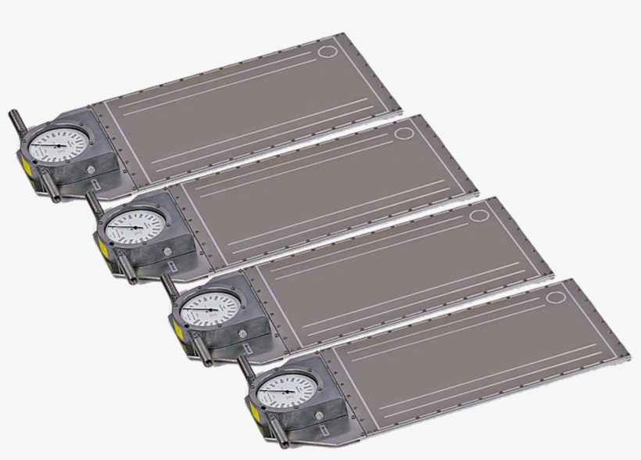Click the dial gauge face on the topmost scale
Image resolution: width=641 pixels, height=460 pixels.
tap(60, 146)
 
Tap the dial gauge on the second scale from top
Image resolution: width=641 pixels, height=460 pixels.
tap(135, 227)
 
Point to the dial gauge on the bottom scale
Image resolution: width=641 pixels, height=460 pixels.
tap(285, 387)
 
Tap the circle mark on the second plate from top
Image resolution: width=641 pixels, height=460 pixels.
tap(403, 134)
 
